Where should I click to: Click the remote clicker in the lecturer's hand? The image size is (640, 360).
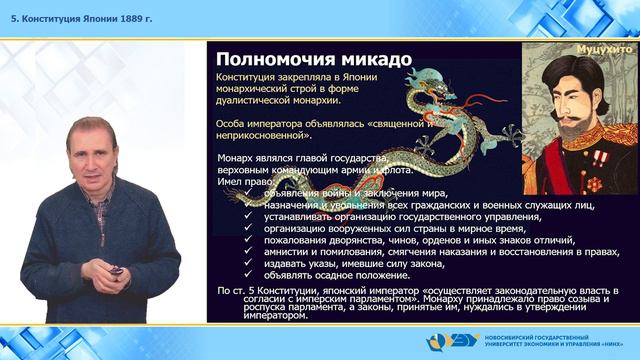coord(118,271)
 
